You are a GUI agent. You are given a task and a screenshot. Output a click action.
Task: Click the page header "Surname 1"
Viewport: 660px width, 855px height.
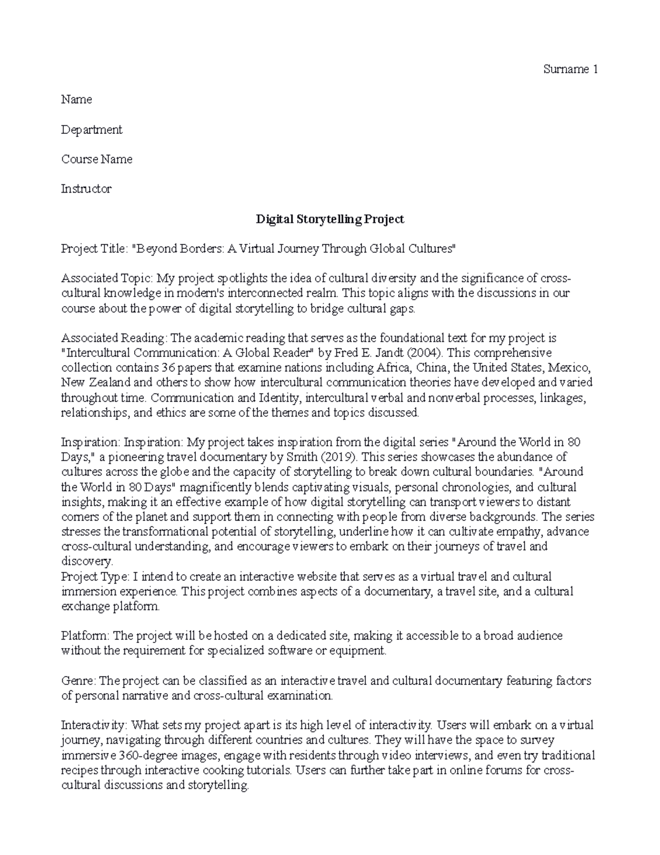570,69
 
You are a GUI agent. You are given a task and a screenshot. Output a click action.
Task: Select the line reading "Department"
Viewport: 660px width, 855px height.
91,129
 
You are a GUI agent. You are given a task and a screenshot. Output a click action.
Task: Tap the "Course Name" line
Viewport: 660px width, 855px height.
96,159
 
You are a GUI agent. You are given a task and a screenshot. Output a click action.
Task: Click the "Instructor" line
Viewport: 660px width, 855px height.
86,189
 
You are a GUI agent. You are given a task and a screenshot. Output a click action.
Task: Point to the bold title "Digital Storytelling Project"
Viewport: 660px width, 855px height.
330,219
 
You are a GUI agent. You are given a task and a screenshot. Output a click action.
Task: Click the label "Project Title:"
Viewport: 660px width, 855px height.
94,249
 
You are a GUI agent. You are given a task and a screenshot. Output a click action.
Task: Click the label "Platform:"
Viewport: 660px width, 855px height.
86,636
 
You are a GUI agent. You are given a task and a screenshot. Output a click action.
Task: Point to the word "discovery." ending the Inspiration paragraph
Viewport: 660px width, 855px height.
86,562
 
